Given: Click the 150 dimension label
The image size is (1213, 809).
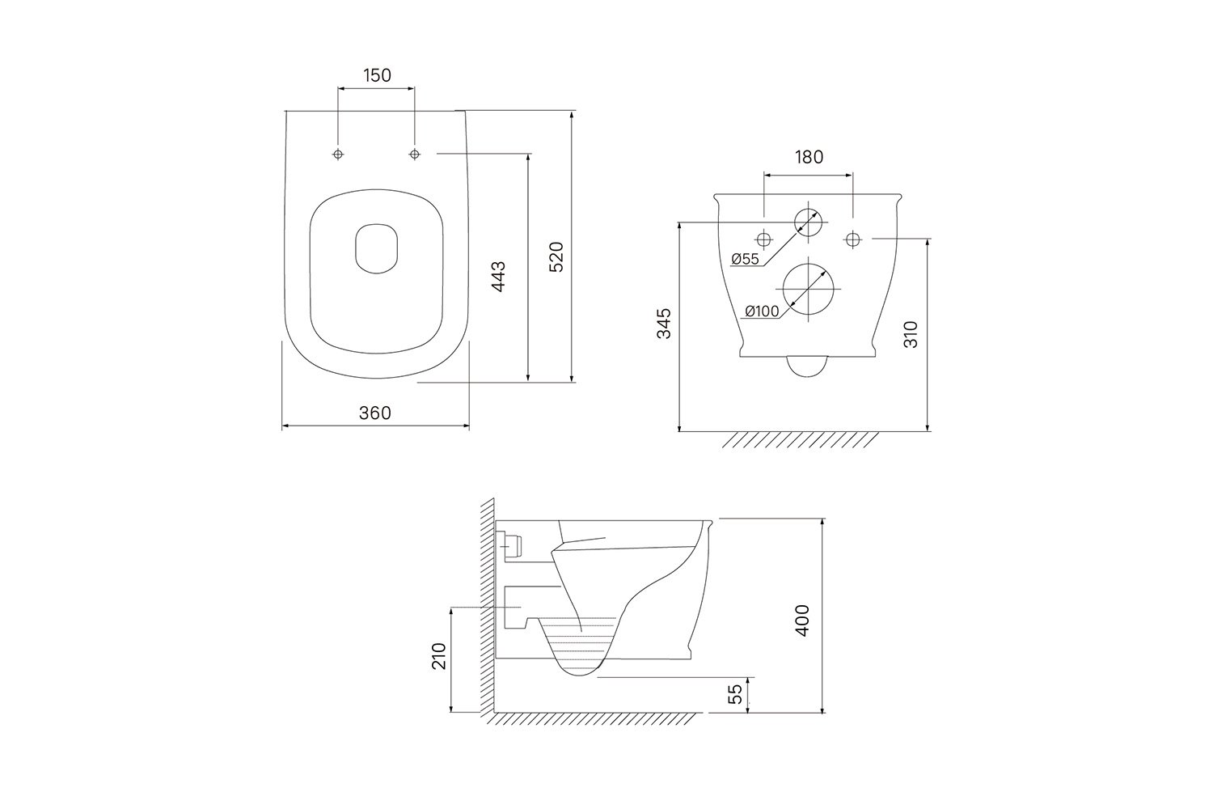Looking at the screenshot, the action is [377, 75].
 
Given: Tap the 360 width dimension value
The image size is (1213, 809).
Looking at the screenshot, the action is [374, 413].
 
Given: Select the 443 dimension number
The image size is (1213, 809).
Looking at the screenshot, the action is [498, 277].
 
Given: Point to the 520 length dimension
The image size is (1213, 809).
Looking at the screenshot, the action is [556, 256].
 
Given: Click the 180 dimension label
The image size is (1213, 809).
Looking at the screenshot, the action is [809, 157].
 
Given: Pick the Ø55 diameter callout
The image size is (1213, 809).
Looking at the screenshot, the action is [745, 259].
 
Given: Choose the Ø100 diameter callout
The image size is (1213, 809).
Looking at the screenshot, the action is [762, 311].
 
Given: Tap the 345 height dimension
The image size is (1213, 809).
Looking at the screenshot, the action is [664, 324].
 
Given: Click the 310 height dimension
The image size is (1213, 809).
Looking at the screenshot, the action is [911, 334].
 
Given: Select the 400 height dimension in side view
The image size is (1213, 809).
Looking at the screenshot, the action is [802, 621].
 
